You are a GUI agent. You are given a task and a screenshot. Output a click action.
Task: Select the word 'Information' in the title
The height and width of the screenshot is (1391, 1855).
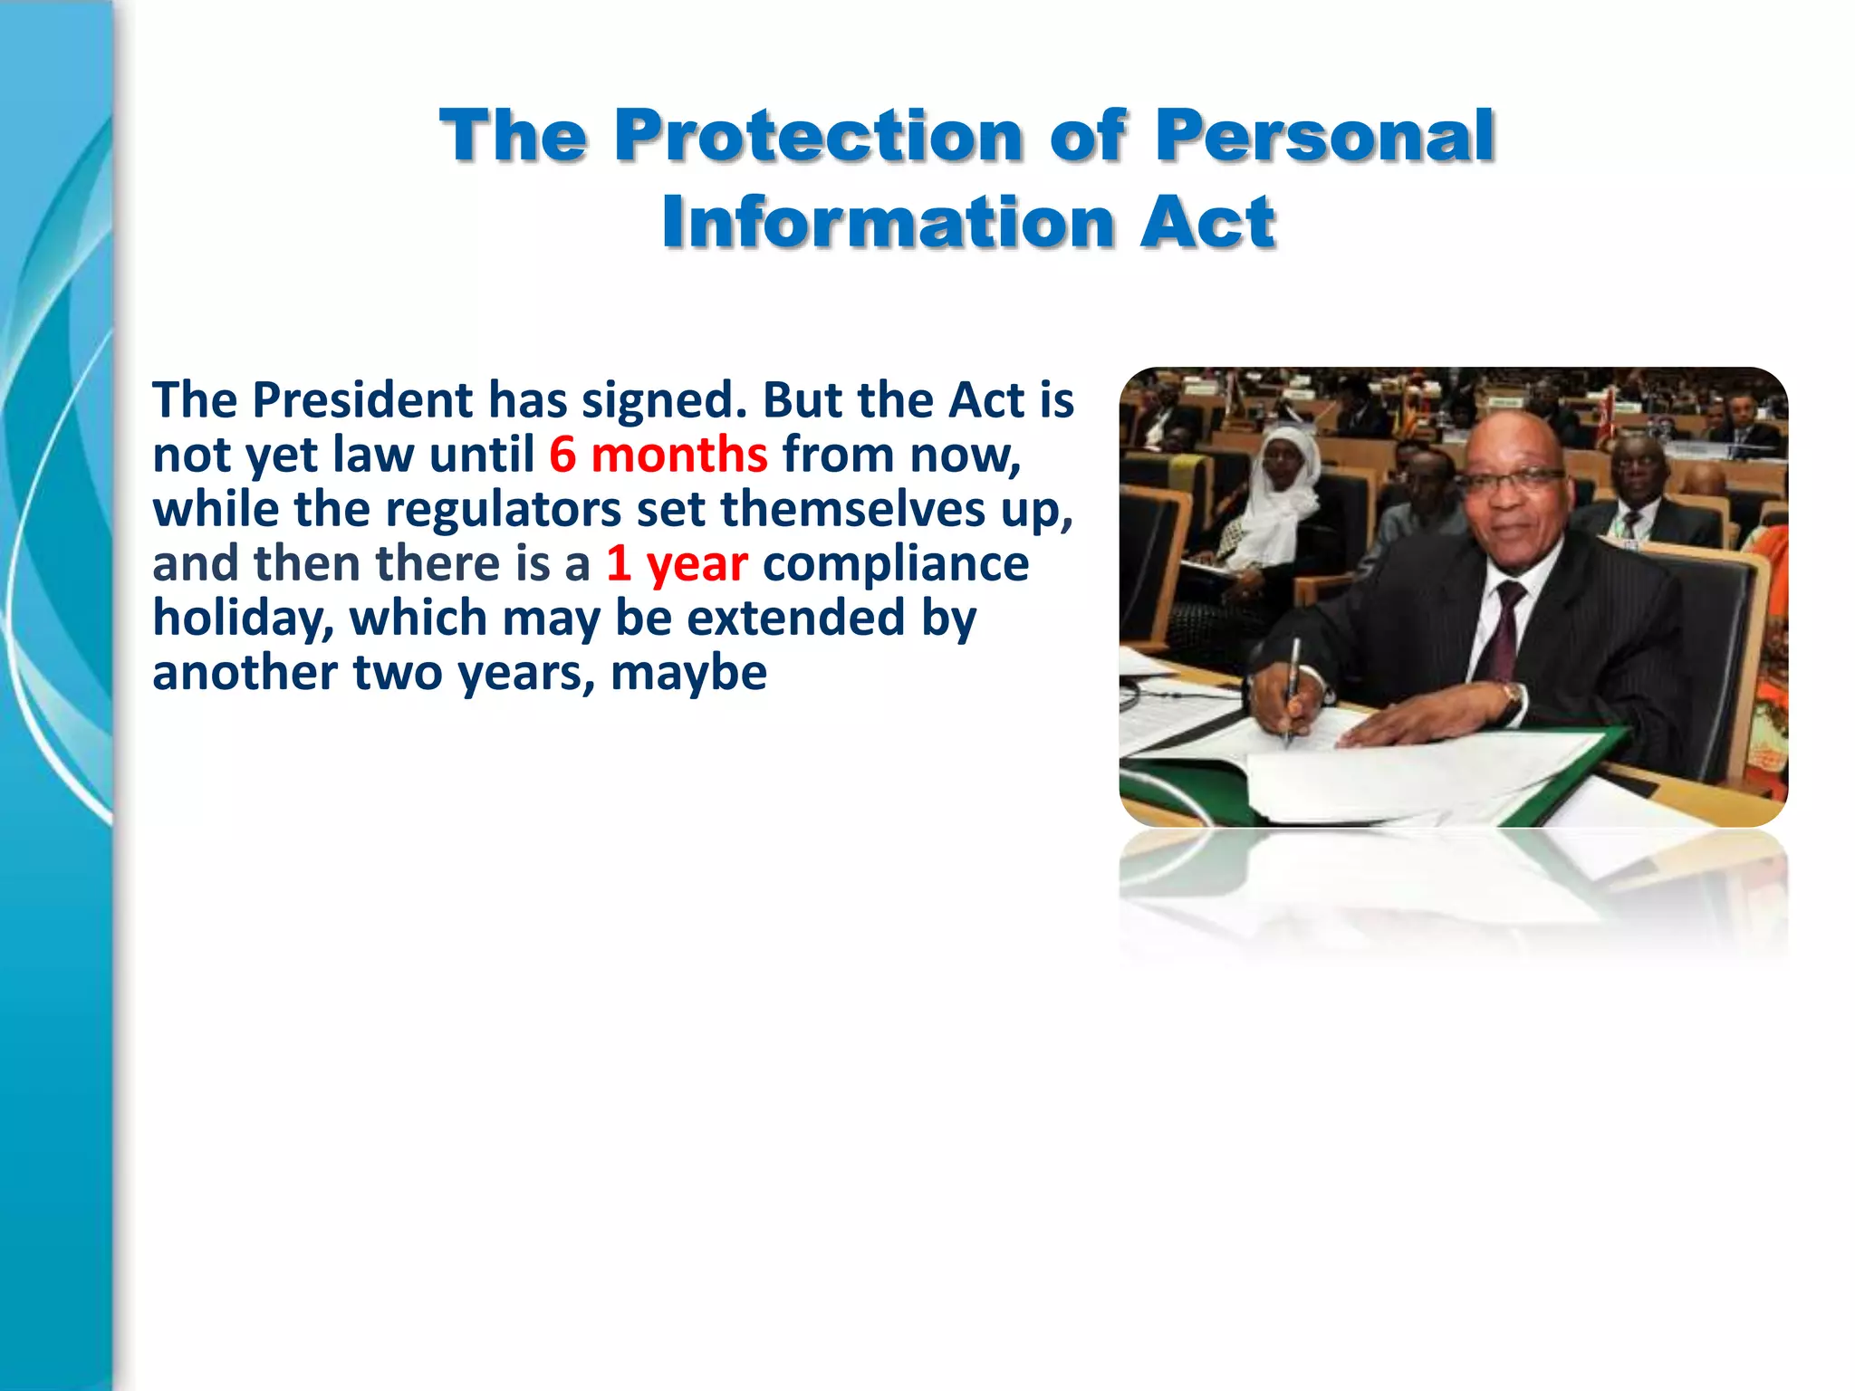click(x=888, y=223)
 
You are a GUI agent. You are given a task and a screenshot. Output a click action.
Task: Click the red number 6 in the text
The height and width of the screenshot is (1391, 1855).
click(x=562, y=455)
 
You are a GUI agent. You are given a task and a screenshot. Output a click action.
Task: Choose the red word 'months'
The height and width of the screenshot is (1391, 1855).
click(x=679, y=455)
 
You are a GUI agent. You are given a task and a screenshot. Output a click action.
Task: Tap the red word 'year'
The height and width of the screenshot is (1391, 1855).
click(x=697, y=564)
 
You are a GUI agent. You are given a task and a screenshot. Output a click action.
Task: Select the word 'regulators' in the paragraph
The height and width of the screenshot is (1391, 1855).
click(x=503, y=509)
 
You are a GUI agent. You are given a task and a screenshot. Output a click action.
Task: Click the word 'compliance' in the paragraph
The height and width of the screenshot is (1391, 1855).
click(x=896, y=564)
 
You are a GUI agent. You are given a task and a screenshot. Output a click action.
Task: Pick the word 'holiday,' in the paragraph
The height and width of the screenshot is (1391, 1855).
click(x=243, y=619)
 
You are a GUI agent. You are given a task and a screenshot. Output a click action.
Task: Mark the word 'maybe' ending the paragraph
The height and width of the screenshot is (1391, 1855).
click(x=688, y=674)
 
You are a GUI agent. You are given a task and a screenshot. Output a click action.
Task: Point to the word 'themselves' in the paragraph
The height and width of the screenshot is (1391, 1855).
click(x=852, y=509)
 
